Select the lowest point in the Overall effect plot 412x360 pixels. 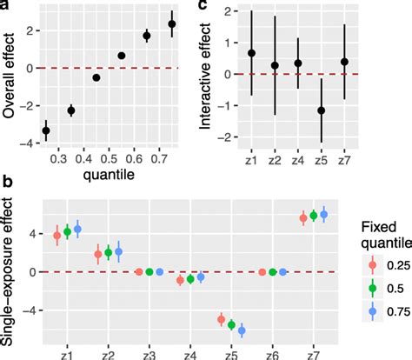pos(46,130)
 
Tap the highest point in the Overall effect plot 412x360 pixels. pos(172,24)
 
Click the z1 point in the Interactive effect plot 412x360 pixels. pos(228,53)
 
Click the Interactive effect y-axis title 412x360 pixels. pos(206,77)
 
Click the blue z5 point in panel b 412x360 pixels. pos(242,330)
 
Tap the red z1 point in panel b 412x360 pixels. pos(57,236)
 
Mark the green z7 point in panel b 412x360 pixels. pos(313,216)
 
